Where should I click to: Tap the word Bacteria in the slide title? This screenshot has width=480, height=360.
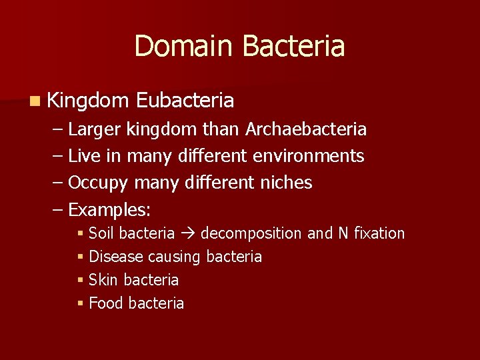point(293,46)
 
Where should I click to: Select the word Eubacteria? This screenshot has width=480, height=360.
point(185,101)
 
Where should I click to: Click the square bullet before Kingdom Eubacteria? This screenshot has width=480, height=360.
point(34,101)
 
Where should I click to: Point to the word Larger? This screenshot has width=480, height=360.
point(95,129)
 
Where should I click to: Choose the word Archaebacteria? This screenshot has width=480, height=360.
point(306,129)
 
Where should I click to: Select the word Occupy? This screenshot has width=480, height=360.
point(99,183)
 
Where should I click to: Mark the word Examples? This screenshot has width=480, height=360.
point(109,211)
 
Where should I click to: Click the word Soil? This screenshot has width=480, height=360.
point(101,233)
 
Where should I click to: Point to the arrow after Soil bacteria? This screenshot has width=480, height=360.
point(188,233)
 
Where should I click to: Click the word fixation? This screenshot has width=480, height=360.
point(379,233)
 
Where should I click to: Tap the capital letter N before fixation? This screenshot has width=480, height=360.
point(344,233)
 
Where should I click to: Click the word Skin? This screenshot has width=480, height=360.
point(103,280)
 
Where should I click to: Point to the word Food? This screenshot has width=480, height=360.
point(105,303)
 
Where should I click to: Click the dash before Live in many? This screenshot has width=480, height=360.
point(58,156)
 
